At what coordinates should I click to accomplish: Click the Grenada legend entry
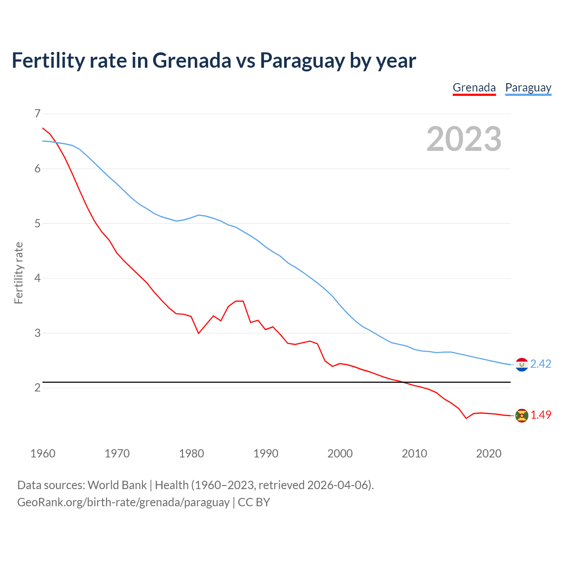point(474,88)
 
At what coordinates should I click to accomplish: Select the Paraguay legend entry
point(528,88)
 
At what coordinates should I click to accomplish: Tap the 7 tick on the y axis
point(37,114)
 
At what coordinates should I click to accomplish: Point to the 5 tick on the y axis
point(37,223)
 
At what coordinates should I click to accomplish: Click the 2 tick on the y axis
point(37,388)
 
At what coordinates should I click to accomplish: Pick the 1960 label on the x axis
point(43,453)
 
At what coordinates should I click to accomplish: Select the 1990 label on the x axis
point(266,453)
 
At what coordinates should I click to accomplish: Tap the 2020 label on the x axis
point(489,453)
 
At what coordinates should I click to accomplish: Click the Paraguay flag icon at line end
point(522,364)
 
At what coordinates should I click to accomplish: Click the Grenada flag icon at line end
point(522,415)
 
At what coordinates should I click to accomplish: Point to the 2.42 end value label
point(541,364)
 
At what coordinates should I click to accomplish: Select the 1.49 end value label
point(541,415)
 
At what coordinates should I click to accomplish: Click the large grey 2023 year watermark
point(464,139)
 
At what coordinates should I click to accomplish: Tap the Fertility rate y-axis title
point(18,273)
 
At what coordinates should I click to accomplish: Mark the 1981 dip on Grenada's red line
point(198,333)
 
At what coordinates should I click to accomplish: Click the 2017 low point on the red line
point(466,418)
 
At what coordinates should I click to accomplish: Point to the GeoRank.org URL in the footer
point(123,502)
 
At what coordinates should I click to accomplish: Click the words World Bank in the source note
point(117,485)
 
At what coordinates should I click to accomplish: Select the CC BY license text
point(254,502)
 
